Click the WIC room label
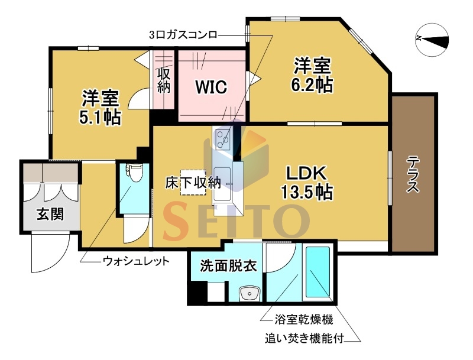coord(211,87)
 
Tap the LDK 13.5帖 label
coord(307,182)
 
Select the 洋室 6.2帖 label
coord(312,75)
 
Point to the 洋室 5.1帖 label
coord(100,107)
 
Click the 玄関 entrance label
coord(50,214)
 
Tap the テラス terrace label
coord(413,174)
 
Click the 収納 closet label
coord(164,81)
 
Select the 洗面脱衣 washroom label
coord(228,266)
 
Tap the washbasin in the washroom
coord(249,293)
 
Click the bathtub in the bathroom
coord(318,272)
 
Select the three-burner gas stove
coord(222,139)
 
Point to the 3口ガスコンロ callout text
coord(183,35)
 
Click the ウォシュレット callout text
coord(136,261)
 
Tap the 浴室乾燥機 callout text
coord(304,319)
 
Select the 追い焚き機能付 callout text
coord(304,339)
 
